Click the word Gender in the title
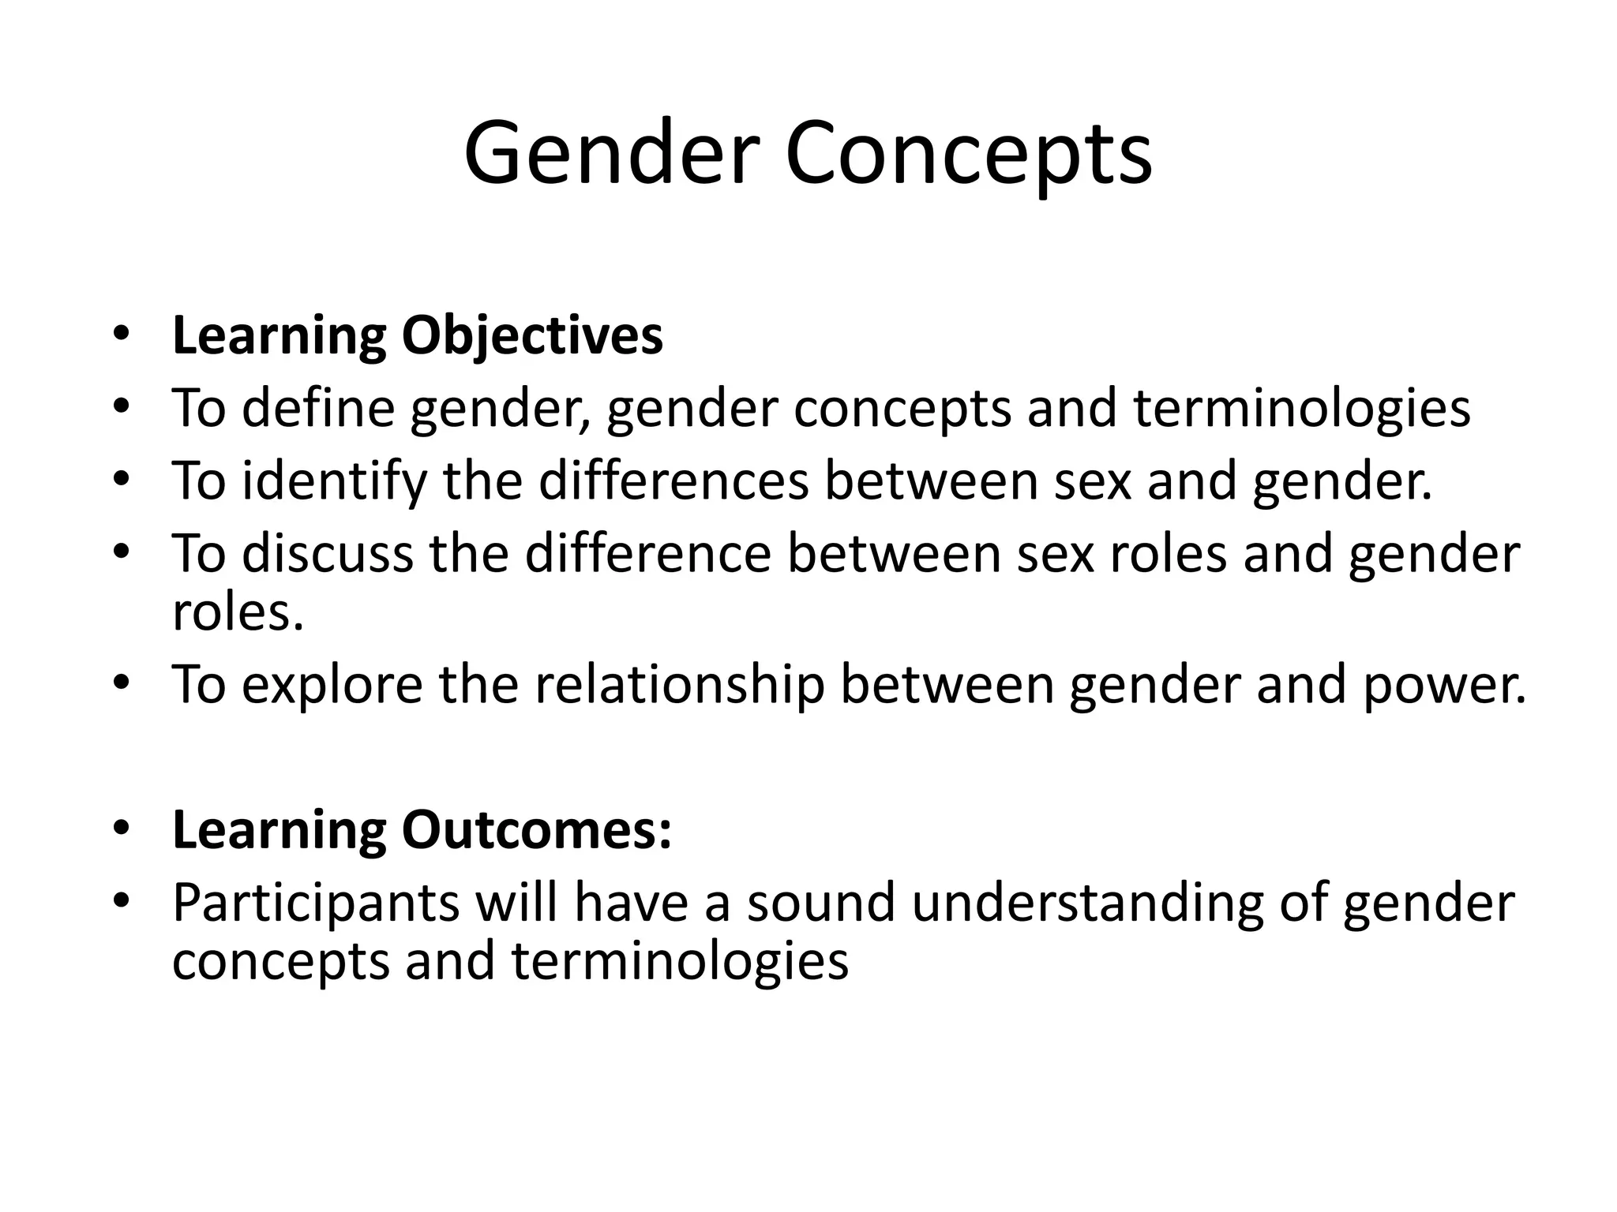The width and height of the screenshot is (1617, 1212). click(612, 154)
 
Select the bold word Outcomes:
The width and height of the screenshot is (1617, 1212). click(536, 831)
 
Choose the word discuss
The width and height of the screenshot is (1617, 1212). click(327, 554)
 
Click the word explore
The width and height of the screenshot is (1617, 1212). click(332, 685)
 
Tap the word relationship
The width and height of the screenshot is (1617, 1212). click(680, 685)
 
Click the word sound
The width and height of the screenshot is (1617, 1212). click(821, 903)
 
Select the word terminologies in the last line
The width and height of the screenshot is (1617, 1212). click(680, 963)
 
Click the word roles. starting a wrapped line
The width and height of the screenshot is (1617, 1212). click(238, 614)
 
